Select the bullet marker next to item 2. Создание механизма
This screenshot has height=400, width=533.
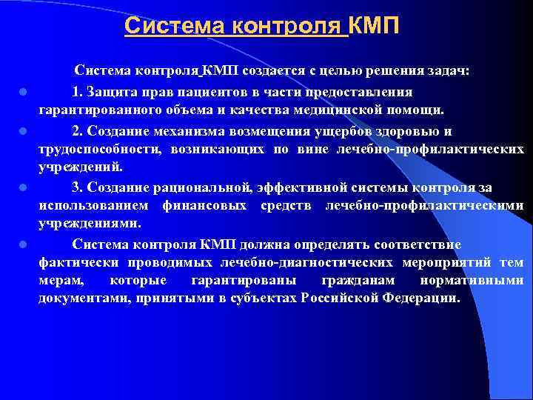click(24, 131)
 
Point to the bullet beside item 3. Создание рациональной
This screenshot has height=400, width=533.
click(24, 188)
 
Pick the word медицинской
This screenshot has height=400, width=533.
click(356, 111)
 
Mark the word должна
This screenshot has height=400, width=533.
click(257, 244)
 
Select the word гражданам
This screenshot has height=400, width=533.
click(357, 281)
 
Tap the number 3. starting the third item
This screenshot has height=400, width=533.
click(78, 187)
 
